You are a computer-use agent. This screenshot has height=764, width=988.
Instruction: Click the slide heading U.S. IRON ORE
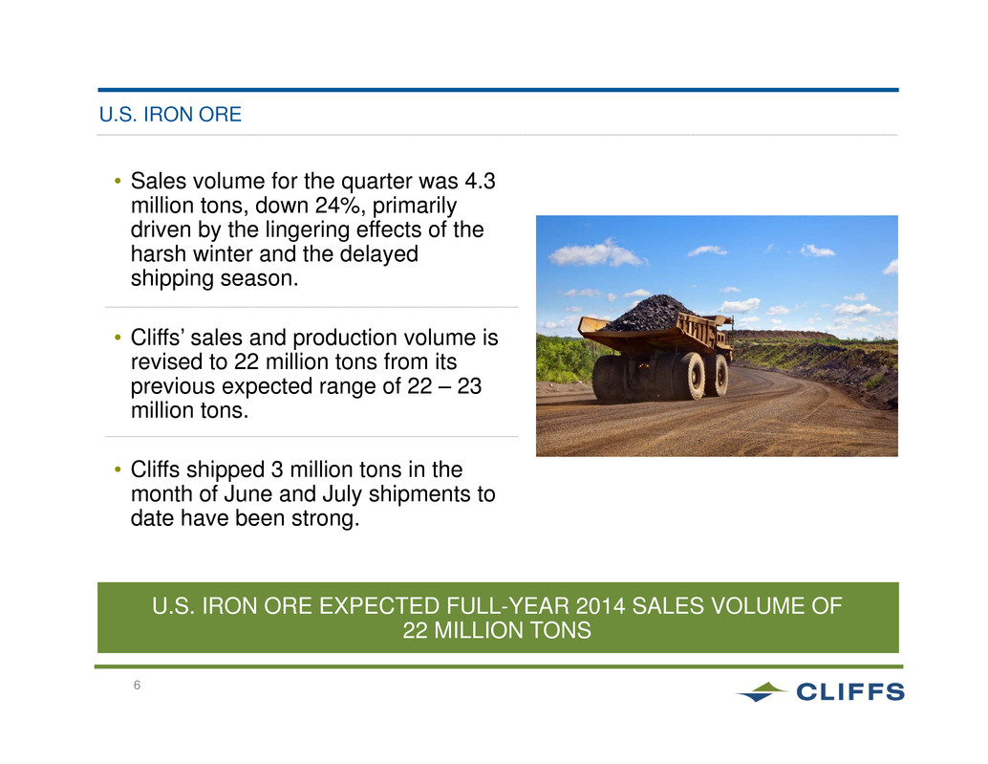[x=170, y=115]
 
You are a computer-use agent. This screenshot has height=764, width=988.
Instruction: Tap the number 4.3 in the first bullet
[x=480, y=182]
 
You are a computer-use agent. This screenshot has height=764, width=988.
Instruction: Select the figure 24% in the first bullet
[x=339, y=206]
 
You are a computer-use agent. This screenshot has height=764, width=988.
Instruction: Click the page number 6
[x=137, y=686]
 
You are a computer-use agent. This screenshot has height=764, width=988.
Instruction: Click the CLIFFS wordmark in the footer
[x=850, y=692]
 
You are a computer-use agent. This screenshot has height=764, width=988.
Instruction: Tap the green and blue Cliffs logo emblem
[x=762, y=691]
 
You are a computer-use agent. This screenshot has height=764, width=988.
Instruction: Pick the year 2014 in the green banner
[x=600, y=606]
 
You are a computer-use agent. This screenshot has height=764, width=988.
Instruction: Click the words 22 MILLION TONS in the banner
[x=497, y=630]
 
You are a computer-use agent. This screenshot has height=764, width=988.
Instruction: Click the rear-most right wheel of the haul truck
[x=718, y=376]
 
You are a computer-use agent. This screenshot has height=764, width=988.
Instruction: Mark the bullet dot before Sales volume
[x=118, y=182]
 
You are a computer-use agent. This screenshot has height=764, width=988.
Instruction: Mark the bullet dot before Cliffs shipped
[x=118, y=470]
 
